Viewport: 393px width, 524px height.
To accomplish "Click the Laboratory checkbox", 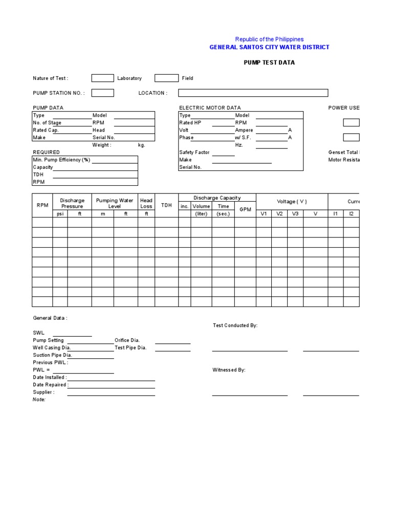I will click(102, 78).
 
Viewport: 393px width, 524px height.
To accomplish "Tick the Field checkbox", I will click(166, 78).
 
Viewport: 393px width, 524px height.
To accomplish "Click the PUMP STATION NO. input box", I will click(102, 93).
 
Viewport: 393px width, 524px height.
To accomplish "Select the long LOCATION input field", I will click(253, 93).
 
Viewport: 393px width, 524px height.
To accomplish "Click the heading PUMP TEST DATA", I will click(269, 63).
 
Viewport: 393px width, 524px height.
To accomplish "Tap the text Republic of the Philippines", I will click(269, 39).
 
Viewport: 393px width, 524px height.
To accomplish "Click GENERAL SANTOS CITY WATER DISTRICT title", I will click(269, 47).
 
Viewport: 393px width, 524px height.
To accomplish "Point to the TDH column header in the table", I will click(166, 205).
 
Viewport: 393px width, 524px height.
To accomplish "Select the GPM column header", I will click(245, 209).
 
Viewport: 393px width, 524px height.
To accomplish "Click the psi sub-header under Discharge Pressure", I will click(60, 214).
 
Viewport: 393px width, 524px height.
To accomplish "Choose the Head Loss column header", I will click(146, 203).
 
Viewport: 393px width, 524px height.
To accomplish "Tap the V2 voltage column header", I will click(279, 214).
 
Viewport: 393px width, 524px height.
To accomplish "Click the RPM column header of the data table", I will click(42, 205).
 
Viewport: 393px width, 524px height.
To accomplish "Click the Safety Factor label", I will click(194, 152).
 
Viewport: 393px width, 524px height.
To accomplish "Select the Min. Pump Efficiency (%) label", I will click(61, 160).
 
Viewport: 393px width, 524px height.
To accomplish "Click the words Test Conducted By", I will click(235, 325).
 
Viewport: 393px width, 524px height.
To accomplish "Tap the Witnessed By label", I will click(229, 370).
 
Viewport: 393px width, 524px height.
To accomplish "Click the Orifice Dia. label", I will click(127, 340).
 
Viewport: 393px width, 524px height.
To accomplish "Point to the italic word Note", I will click(39, 400).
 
